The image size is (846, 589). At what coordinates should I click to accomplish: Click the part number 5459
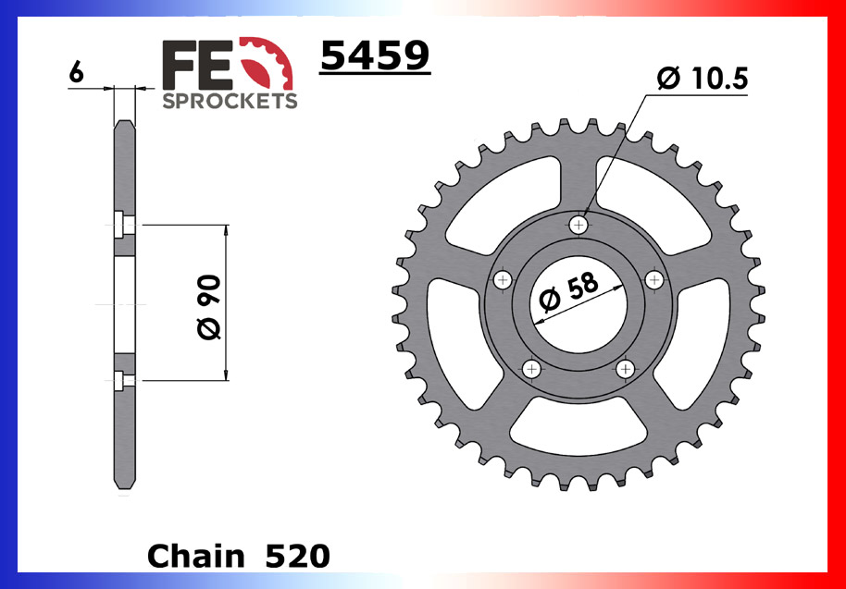pos(374,57)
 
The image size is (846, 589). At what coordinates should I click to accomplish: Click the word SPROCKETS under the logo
pos(230,101)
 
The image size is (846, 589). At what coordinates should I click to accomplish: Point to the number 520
pos(296,556)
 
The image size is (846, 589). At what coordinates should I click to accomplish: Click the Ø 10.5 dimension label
pos(702,80)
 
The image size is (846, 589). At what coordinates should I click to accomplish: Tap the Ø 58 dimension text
pos(567,295)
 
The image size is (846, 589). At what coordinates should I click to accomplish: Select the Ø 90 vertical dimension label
pos(209,304)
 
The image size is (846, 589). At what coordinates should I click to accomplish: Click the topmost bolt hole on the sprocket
pos(579,224)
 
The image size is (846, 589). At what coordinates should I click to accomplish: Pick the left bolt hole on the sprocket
pos(503,279)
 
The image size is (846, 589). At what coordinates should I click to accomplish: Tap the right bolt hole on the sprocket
pos(654,279)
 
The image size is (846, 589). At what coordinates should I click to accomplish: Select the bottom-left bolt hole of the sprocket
pos(531,369)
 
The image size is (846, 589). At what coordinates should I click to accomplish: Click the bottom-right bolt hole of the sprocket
pos(626,369)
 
